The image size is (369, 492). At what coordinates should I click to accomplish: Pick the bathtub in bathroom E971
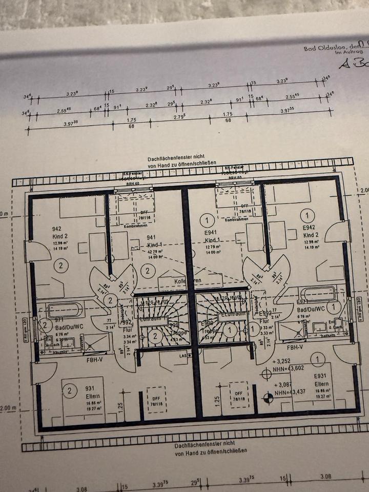pyautogui.click(x=317, y=294)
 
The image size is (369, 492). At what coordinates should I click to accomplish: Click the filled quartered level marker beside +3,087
pyautogui.click(x=267, y=395)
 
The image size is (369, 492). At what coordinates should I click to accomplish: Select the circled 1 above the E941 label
pyautogui.click(x=207, y=221)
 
